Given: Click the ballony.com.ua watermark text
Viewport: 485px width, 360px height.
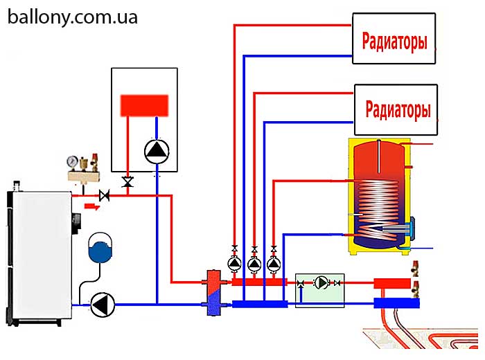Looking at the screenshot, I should pos(73,17).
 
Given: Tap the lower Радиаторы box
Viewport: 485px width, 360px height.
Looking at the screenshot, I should pos(396,109).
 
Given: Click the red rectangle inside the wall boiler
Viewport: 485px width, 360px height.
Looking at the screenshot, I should pos(144,105).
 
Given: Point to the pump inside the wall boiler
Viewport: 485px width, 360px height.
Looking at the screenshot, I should pos(155,150).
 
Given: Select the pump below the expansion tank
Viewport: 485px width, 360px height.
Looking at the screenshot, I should pos(103,304).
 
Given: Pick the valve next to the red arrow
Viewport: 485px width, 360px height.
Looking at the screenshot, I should pos(105,196).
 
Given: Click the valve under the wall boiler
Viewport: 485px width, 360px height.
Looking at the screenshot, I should pos(127,182).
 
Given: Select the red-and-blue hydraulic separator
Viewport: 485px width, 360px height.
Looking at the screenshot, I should pos(213,291).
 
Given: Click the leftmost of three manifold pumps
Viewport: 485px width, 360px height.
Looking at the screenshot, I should pos(235,263).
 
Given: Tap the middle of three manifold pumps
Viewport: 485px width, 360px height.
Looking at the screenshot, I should pos(254,263).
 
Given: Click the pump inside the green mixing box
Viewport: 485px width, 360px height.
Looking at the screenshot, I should pos(321,282).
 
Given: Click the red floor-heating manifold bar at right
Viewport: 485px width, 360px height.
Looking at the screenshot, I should pos(393,282).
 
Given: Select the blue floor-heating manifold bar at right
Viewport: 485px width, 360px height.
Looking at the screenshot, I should pos(393,303).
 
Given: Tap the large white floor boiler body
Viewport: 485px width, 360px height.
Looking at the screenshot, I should pos(40,256).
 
